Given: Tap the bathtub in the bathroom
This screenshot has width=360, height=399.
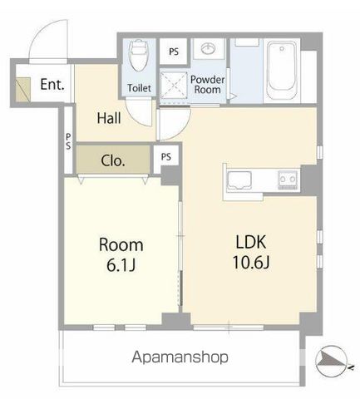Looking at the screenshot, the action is click(x=282, y=71).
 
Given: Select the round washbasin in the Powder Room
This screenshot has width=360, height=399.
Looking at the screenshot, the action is click(x=209, y=49).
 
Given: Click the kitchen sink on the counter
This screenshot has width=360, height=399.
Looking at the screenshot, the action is click(x=239, y=180).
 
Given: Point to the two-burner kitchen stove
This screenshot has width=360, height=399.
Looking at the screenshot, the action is click(x=288, y=180).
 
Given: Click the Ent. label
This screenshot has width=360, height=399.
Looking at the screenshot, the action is click(x=52, y=84).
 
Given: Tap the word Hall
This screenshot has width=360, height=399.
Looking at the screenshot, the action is click(x=109, y=118).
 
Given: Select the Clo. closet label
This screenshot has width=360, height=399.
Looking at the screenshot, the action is click(x=113, y=160).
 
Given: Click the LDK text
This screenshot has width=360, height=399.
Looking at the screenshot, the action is click(x=251, y=242).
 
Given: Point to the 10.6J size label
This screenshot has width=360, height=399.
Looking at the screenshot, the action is click(x=251, y=262).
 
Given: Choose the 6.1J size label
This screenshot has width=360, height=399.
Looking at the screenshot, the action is click(x=121, y=265).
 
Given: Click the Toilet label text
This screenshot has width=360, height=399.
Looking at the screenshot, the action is click(x=139, y=88).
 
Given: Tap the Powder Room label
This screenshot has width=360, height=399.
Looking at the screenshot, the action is click(x=207, y=85).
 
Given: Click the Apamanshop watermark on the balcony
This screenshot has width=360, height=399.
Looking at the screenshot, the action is click(x=180, y=357).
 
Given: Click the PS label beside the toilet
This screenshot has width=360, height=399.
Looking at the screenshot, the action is click(x=174, y=52).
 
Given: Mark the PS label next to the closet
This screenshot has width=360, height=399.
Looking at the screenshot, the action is click(x=166, y=157).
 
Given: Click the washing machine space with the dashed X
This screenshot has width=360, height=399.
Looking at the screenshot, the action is click(x=174, y=85).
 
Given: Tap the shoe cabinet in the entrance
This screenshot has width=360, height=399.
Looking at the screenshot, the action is click(x=22, y=89).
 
